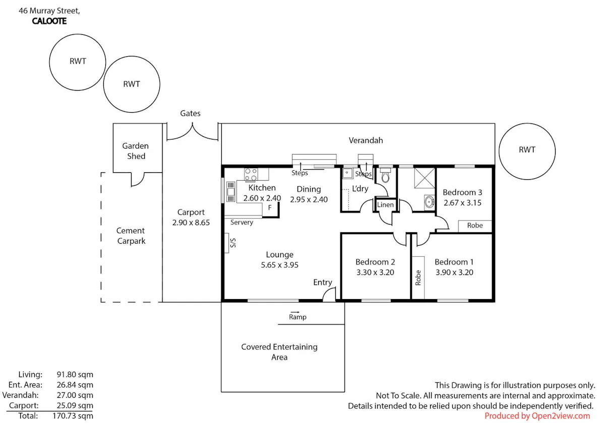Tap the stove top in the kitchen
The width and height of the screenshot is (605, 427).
[251, 174]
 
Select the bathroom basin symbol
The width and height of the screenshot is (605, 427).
[429, 201]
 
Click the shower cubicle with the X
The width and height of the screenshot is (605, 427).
[425, 178]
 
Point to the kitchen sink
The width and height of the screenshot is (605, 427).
[231, 192]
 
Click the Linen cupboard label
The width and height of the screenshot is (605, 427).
[385, 205]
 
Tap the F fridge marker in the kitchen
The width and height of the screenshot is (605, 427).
[270, 207]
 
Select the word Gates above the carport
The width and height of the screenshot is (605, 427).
[190, 113]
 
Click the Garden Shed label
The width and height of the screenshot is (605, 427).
[136, 151]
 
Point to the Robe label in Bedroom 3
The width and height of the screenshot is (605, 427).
[475, 225]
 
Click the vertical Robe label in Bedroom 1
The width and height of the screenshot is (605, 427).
[418, 277]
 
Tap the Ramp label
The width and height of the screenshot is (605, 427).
[297, 317]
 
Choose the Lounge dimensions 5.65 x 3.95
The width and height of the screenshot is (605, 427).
[279, 265]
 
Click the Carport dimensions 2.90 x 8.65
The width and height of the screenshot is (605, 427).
[191, 223]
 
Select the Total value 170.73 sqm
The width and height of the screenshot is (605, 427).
[73, 416]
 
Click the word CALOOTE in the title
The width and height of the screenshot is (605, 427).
[49, 21]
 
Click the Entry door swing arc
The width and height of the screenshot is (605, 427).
[328, 293]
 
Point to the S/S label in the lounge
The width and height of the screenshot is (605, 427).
[233, 243]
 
